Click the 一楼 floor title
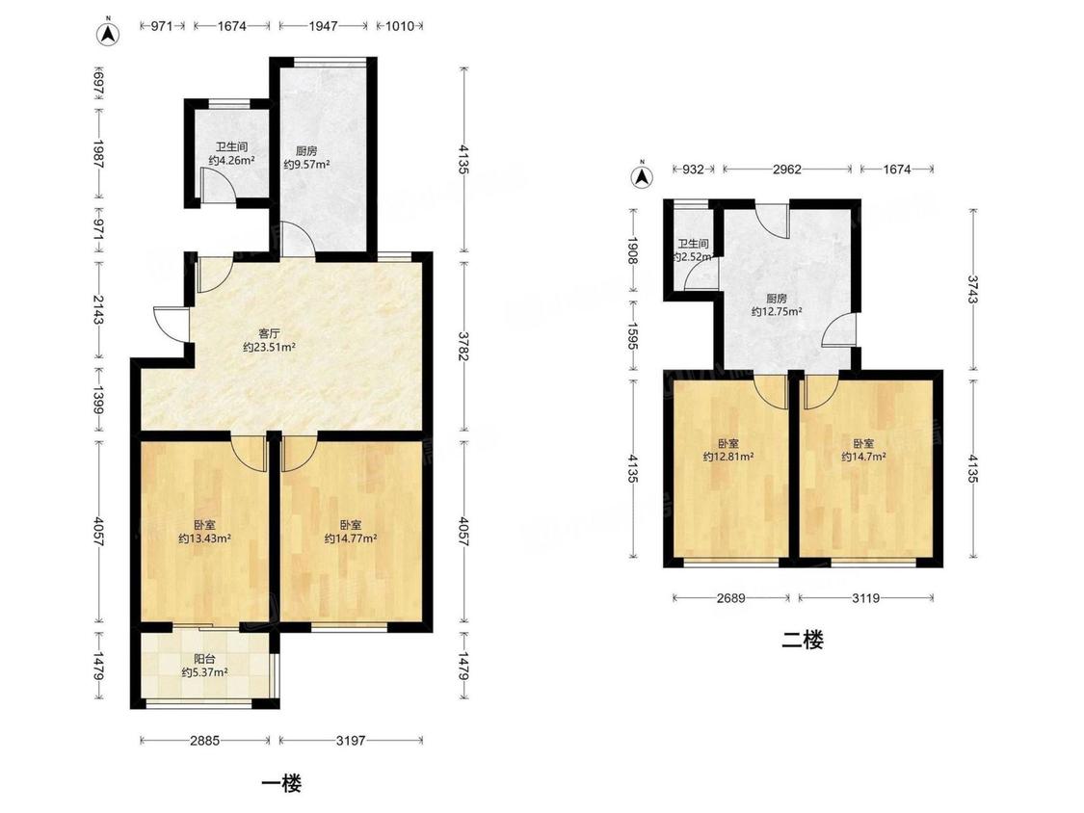[x=282, y=783]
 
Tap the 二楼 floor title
[x=803, y=641]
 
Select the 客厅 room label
[x=269, y=333]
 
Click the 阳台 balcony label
[x=204, y=659]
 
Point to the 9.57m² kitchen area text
[x=306, y=165]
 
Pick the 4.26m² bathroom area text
[x=231, y=161]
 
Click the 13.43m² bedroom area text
[x=204, y=538]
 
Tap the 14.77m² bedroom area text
[x=351, y=538]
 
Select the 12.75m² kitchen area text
[x=777, y=312]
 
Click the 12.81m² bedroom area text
[x=728, y=457]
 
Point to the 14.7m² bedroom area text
[x=863, y=457]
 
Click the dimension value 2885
[x=204, y=741]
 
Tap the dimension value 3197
[x=351, y=741]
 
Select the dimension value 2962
[x=786, y=170]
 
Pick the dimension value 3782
[x=463, y=344]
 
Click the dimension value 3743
[x=972, y=290]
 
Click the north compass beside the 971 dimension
[x=108, y=33]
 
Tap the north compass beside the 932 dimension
[x=643, y=176]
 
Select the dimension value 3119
[x=865, y=598]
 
